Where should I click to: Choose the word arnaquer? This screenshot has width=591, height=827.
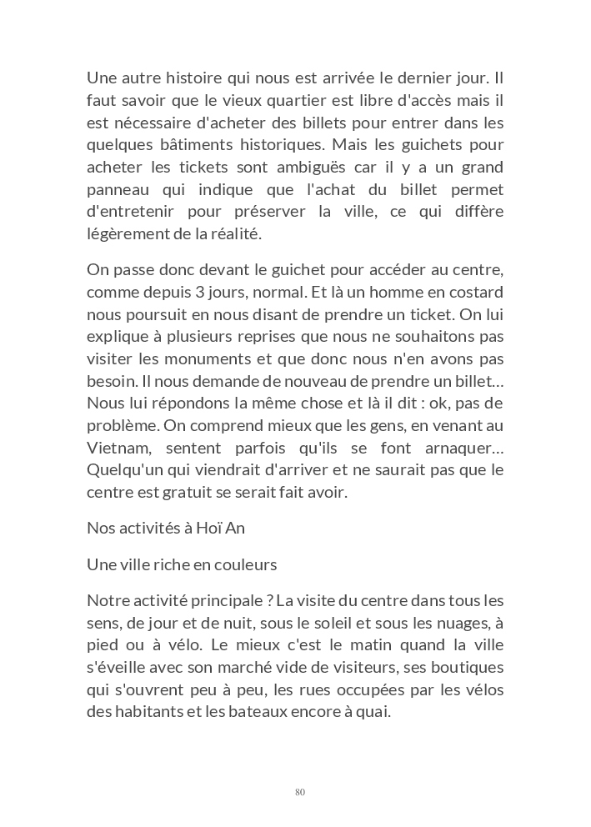pyautogui.click(x=463, y=448)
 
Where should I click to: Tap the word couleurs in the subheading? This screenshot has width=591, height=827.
pyautogui.click(x=241, y=564)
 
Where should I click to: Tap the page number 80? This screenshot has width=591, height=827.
pyautogui.click(x=300, y=792)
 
